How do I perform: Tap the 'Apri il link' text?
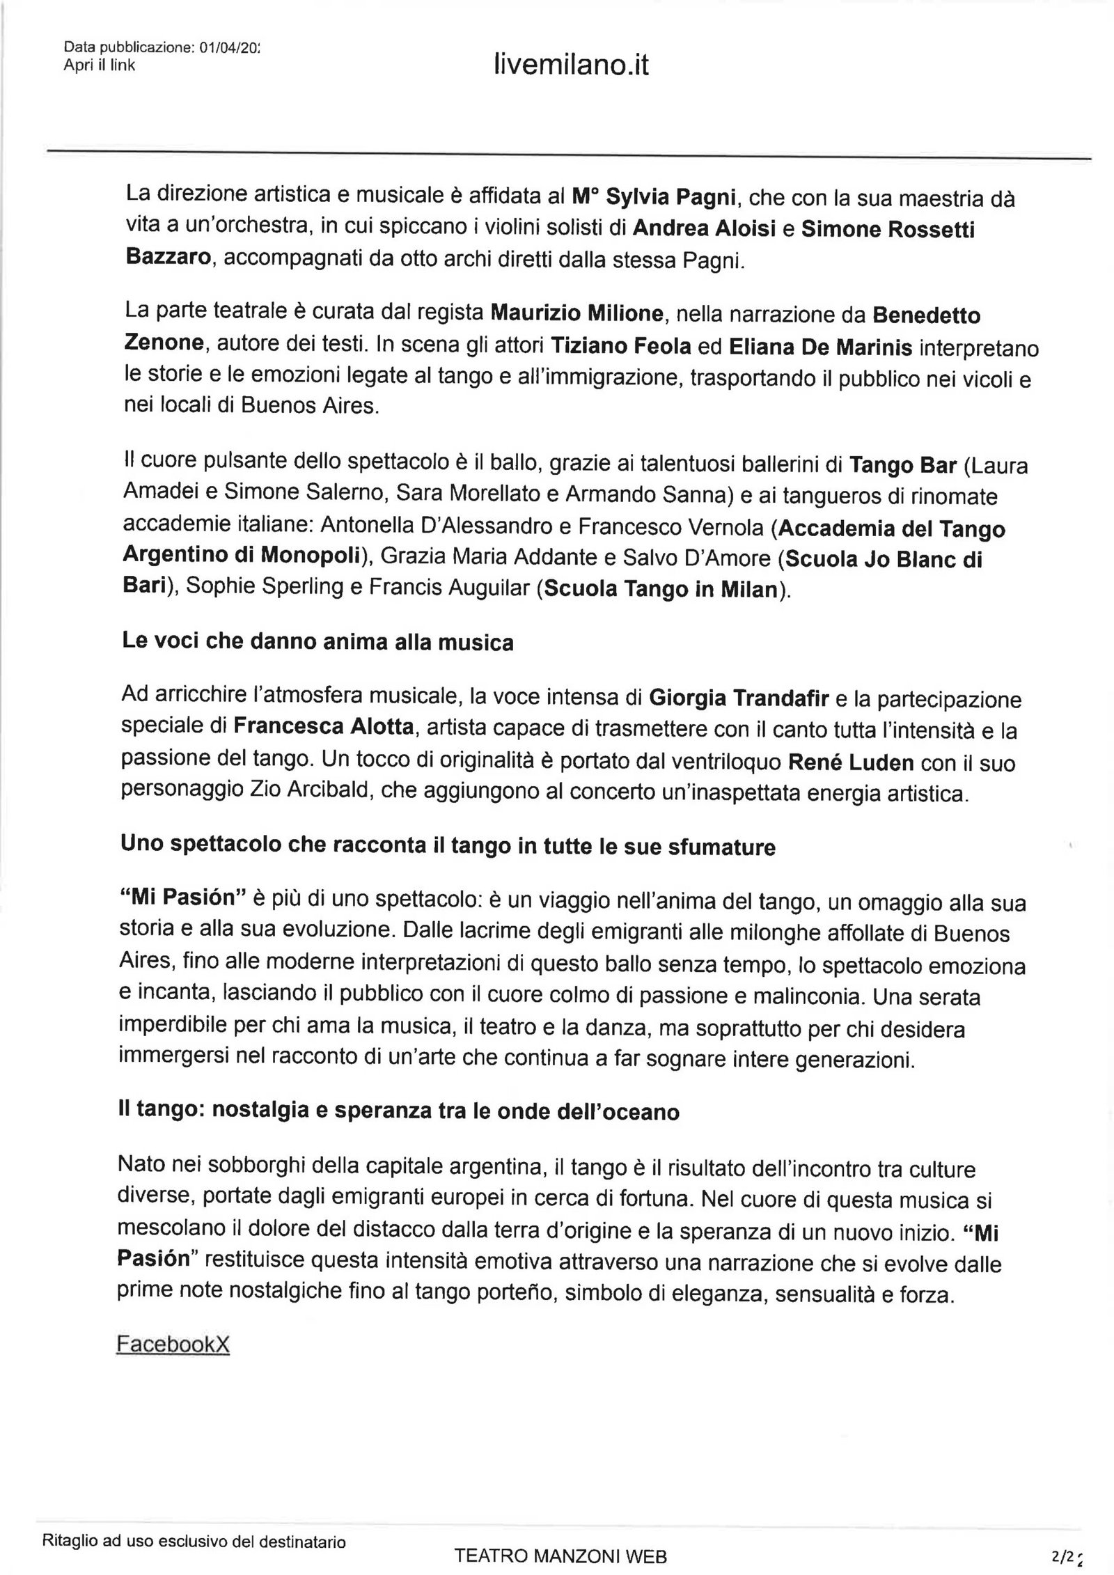point(99,65)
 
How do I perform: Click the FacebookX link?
point(173,1345)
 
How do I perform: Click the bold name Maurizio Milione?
point(576,314)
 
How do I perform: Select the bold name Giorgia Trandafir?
point(741,698)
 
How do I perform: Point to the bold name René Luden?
point(850,762)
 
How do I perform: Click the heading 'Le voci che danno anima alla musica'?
point(317,641)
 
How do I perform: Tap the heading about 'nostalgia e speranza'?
point(400,1111)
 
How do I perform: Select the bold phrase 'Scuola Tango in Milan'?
point(660,590)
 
